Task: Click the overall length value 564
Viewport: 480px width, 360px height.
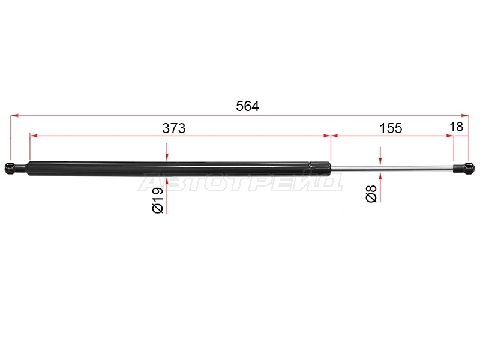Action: click(x=247, y=106)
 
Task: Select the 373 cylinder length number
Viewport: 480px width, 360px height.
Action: click(x=173, y=128)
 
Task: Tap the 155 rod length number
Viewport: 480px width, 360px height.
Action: click(x=391, y=128)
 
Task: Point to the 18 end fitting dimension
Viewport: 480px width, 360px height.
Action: click(x=457, y=127)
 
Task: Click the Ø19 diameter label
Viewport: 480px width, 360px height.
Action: click(x=158, y=200)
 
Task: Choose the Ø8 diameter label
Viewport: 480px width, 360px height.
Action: click(x=371, y=193)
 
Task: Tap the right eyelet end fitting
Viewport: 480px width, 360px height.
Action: click(x=464, y=168)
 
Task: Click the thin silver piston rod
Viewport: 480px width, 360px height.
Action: click(x=392, y=167)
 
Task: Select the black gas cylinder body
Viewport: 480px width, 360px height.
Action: click(x=169, y=169)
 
